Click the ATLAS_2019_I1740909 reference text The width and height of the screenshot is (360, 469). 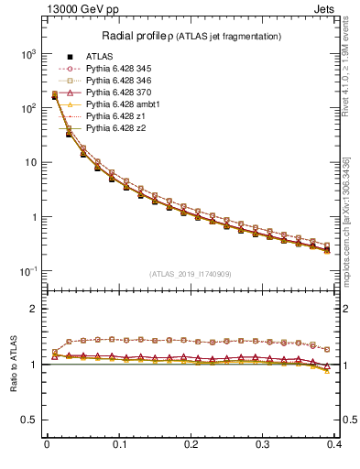coord(191,274)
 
